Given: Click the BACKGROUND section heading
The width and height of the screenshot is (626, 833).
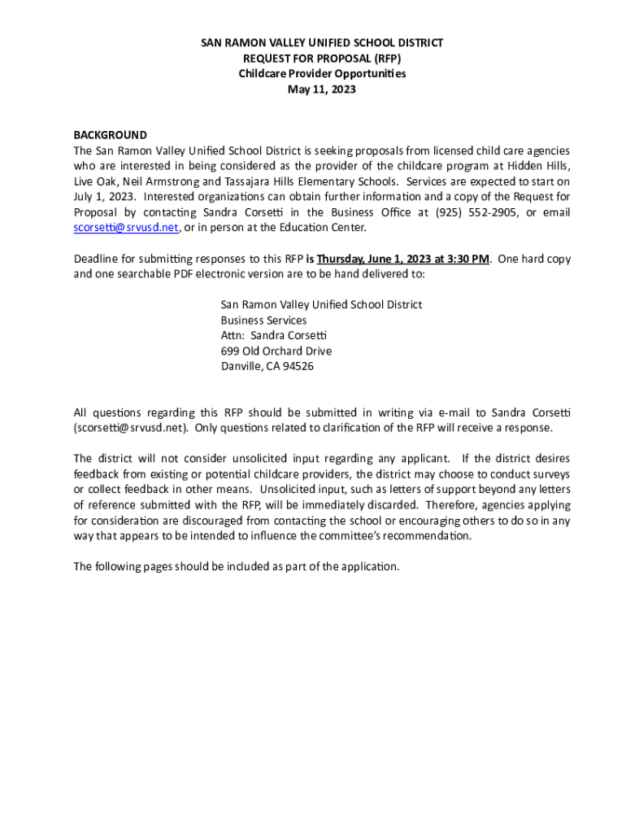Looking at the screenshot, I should pyautogui.click(x=111, y=135).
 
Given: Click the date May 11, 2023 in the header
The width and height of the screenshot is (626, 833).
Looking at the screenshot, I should pyautogui.click(x=322, y=89).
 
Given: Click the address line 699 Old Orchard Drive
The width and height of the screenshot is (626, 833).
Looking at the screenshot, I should pyautogui.click(x=276, y=351).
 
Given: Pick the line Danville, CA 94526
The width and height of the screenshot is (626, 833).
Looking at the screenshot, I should pyautogui.click(x=267, y=366).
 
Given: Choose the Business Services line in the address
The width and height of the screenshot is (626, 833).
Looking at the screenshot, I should pyautogui.click(x=263, y=321).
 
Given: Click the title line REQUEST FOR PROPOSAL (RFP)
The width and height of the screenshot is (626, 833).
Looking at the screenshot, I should pyautogui.click(x=322, y=59).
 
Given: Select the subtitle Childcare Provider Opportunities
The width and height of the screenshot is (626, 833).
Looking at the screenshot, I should pyautogui.click(x=322, y=74).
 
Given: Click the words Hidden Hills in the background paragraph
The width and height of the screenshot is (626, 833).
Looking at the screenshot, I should pyautogui.click(x=541, y=166).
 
